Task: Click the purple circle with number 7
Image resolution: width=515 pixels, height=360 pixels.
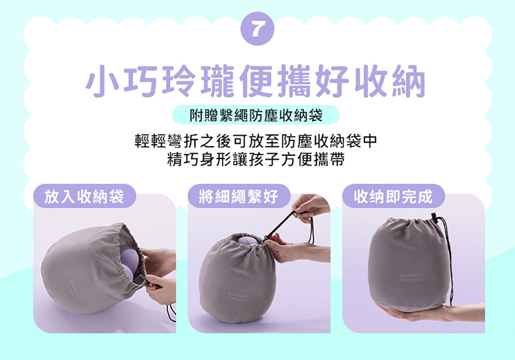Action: click(257, 29)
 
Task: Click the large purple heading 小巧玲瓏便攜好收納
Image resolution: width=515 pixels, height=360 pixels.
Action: click(256, 81)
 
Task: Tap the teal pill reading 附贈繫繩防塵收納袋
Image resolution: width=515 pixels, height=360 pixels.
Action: click(256, 115)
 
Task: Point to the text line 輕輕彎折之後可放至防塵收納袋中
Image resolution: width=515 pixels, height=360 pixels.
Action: click(256, 141)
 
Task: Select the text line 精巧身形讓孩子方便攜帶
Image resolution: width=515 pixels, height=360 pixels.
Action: click(256, 159)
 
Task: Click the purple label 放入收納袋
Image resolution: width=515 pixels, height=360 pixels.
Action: click(85, 196)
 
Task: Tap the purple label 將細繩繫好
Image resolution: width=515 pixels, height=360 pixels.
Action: click(239, 196)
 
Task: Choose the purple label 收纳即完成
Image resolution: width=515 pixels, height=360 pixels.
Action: click(394, 196)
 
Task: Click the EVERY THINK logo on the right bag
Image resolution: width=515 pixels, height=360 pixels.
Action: click(411, 278)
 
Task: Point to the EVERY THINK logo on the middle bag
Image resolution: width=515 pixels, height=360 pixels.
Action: click(238, 296)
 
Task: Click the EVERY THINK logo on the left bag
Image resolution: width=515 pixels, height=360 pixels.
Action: click(74, 291)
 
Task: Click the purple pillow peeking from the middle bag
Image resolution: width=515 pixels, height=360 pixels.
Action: click(249, 240)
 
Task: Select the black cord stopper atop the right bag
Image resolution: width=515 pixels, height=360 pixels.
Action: click(434, 218)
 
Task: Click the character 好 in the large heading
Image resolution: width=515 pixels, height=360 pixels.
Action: click(332, 81)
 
